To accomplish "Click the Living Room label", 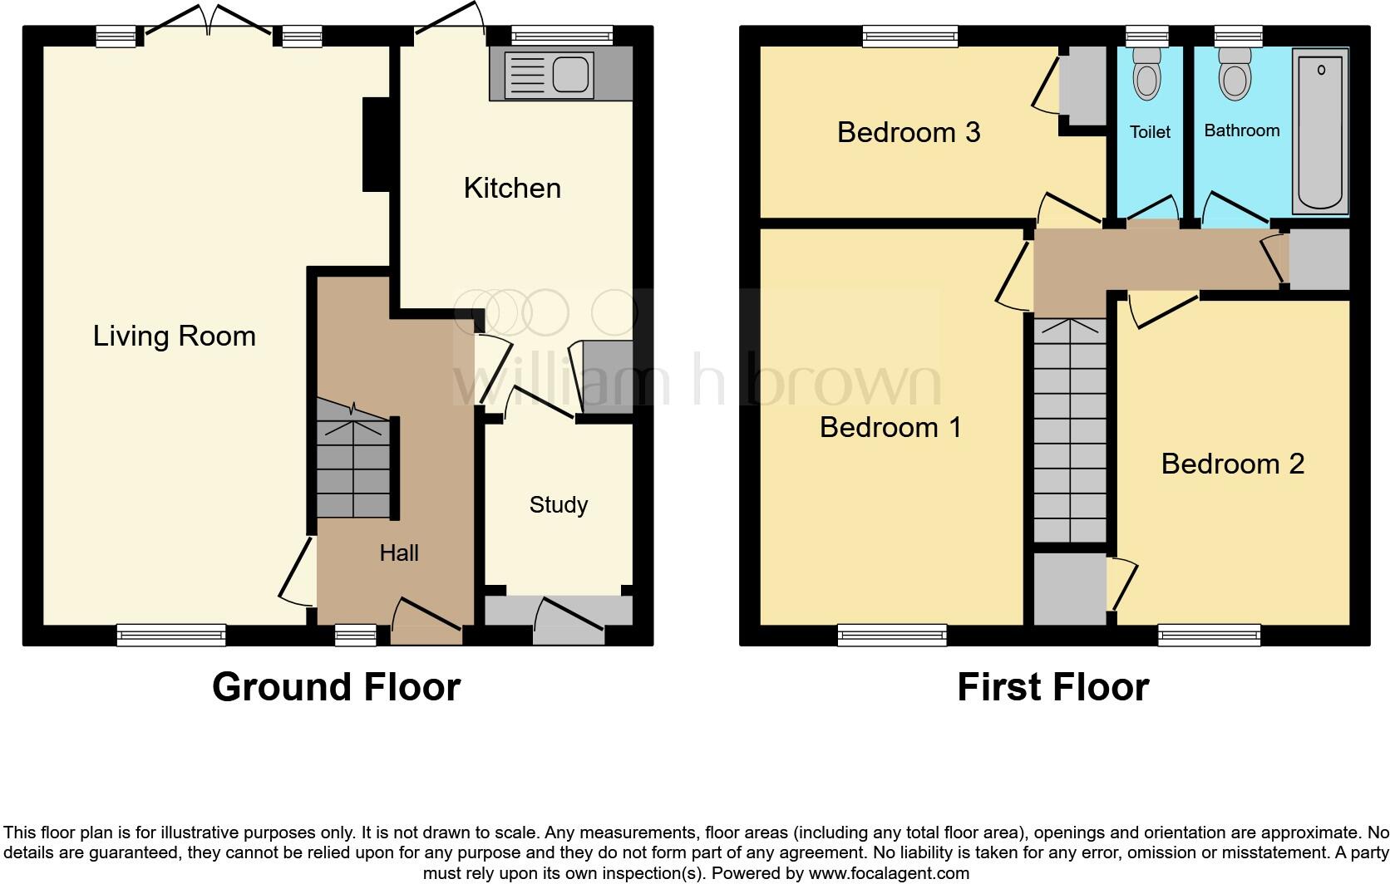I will coord(174,336).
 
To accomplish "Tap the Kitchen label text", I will coord(512,189).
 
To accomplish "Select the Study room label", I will coord(558,505).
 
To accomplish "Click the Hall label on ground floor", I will coord(399,553).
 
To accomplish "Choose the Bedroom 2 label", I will coord(1232,464).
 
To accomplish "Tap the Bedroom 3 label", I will coord(909,132).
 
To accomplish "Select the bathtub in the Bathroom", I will coord(1320,130).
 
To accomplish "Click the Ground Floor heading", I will coord(336,687).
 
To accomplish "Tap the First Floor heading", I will coord(1052,687).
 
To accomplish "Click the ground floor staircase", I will coord(353,461).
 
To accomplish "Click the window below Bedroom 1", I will coord(892,636).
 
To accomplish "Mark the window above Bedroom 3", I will coord(910,36).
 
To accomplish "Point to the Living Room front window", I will coord(171,636).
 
